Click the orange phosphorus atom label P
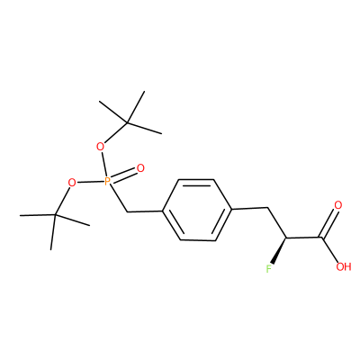107,181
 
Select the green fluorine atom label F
269,269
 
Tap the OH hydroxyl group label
344,266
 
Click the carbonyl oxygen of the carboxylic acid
338,205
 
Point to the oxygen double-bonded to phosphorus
140,168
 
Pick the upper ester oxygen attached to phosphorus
101,147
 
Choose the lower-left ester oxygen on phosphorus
72,182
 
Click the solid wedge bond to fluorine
279,251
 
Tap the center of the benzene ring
197,210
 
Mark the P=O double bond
124,175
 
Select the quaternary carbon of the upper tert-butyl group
127,122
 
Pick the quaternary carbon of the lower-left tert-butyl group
55,215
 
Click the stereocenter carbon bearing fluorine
286,238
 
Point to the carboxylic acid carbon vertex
321,238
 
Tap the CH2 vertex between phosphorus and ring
127,211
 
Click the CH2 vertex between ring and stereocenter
267,207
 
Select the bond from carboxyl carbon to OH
330,250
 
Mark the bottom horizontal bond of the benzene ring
198,240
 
